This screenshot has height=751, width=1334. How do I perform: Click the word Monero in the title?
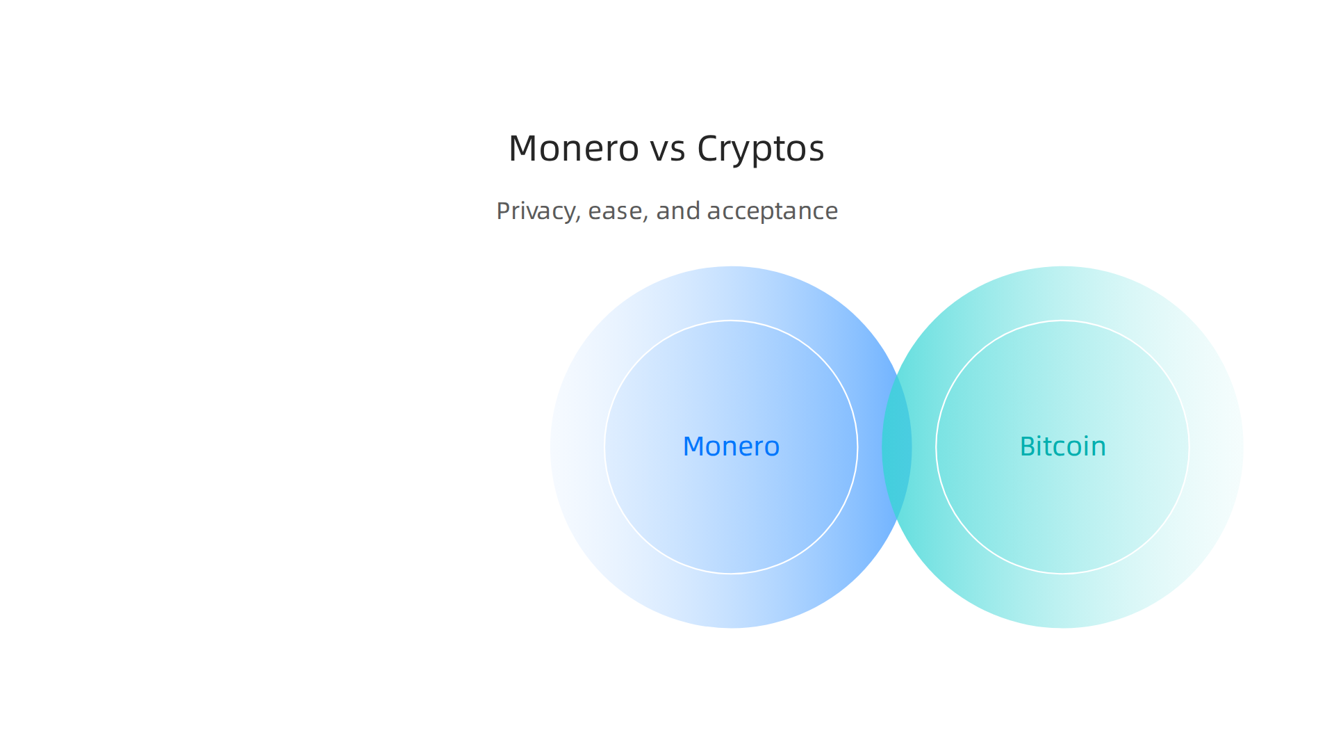(573, 149)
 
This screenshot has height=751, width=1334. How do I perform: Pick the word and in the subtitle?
(677, 211)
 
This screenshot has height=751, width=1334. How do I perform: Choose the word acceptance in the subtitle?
(772, 211)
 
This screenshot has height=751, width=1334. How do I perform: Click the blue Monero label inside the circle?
(731, 446)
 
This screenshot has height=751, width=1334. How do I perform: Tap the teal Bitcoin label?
(1062, 446)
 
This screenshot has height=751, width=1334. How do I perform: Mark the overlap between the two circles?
(897, 447)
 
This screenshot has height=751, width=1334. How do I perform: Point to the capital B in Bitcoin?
(1028, 446)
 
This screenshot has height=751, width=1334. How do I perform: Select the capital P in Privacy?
(503, 211)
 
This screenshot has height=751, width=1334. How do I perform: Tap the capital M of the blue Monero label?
(695, 446)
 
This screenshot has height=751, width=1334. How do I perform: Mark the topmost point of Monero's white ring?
(731, 321)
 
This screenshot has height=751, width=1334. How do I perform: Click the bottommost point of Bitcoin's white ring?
(1062, 574)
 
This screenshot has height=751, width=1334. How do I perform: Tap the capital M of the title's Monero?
(524, 149)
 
